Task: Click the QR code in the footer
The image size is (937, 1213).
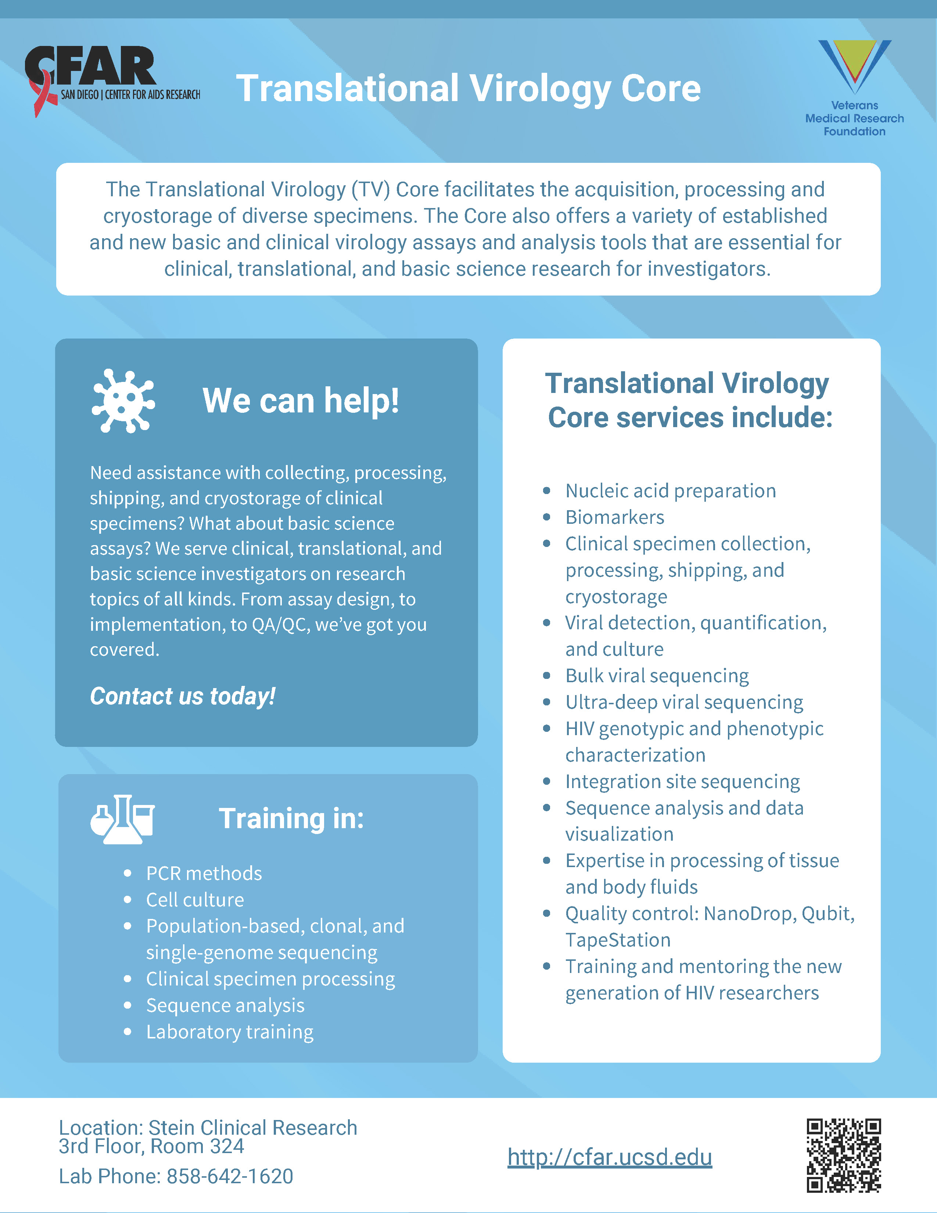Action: click(844, 1155)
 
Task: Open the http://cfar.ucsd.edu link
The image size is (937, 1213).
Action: click(610, 1157)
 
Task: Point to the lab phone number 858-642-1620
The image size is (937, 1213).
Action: click(230, 1176)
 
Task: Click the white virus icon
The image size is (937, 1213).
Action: click(123, 400)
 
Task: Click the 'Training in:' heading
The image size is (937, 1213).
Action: click(291, 819)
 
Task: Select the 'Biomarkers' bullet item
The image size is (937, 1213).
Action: click(614, 517)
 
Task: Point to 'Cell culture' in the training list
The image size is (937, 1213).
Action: click(195, 900)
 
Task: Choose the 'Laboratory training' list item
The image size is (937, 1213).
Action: click(230, 1032)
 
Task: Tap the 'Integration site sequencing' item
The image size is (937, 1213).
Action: click(683, 782)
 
